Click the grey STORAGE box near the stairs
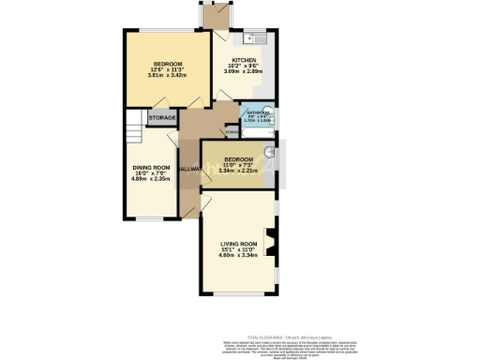[162, 119]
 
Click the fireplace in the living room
[272, 243]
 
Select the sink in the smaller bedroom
[268, 152]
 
